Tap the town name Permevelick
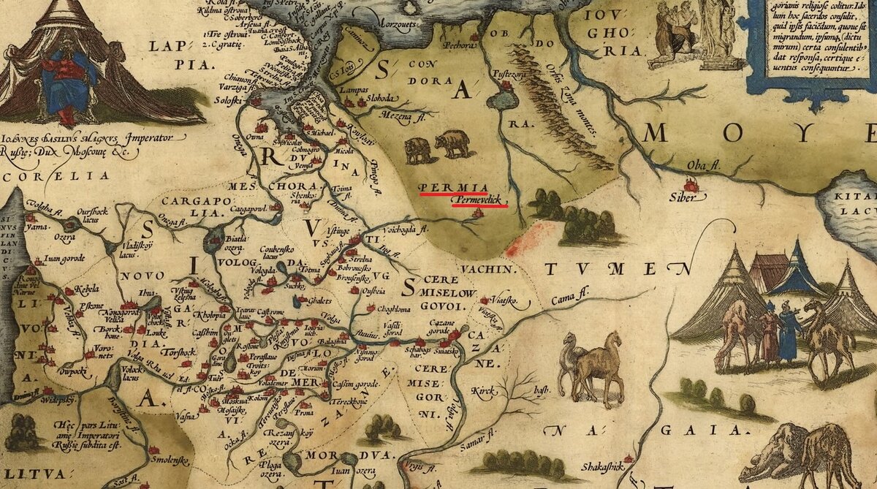click(x=479, y=200)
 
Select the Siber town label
click(x=683, y=196)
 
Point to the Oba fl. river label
click(x=700, y=166)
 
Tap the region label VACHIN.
click(x=503, y=269)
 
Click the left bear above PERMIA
click(x=418, y=150)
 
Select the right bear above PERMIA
click(x=453, y=145)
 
